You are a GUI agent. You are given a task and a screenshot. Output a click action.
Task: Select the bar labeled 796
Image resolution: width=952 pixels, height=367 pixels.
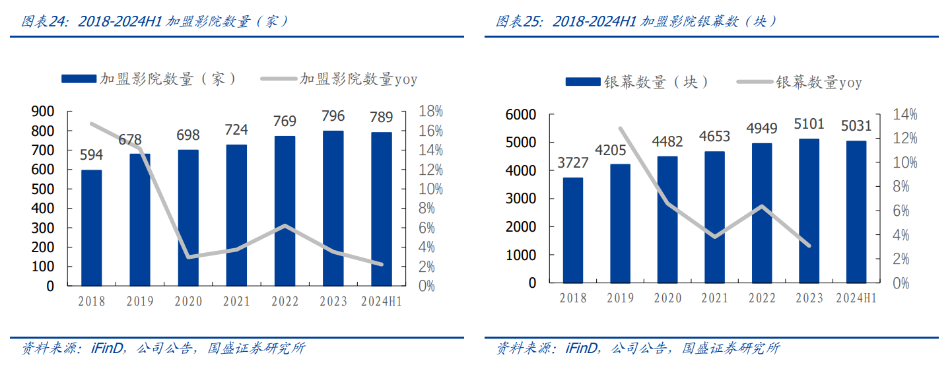(x=333, y=208)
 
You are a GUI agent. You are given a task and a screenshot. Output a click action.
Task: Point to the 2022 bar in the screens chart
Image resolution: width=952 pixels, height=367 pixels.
(x=761, y=213)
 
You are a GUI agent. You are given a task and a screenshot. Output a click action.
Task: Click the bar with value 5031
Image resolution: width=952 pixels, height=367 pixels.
(x=856, y=211)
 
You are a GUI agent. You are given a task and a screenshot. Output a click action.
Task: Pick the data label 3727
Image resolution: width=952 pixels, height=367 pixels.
(x=573, y=163)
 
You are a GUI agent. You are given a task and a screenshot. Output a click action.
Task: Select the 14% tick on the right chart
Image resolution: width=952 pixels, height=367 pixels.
(x=905, y=115)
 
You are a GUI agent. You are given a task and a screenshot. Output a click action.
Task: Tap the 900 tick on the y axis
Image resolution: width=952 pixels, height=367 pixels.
(x=43, y=112)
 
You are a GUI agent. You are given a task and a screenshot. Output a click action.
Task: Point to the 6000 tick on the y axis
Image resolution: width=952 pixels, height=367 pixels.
(x=522, y=115)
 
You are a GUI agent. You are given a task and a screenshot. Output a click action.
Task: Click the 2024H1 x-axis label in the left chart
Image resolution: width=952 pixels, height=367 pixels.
(x=382, y=302)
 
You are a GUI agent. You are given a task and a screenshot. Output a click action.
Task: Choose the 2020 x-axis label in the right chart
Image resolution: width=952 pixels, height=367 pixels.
(x=667, y=298)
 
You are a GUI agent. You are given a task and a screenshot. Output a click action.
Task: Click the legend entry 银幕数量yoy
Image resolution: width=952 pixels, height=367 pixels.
(x=819, y=83)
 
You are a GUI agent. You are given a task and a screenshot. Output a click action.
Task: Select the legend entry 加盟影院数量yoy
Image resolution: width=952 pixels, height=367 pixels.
(x=358, y=80)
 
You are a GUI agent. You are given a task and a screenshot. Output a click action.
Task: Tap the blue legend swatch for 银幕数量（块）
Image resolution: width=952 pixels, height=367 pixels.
(x=583, y=83)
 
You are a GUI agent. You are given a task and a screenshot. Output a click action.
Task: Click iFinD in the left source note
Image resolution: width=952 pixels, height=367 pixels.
(x=104, y=348)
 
